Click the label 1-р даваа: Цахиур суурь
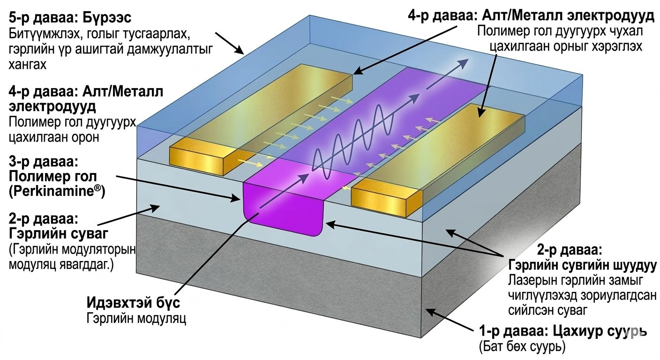pyautogui.click(x=562, y=331)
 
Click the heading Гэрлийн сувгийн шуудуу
pyautogui.click(x=581, y=264)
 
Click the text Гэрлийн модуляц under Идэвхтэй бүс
pyautogui.click(x=136, y=319)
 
